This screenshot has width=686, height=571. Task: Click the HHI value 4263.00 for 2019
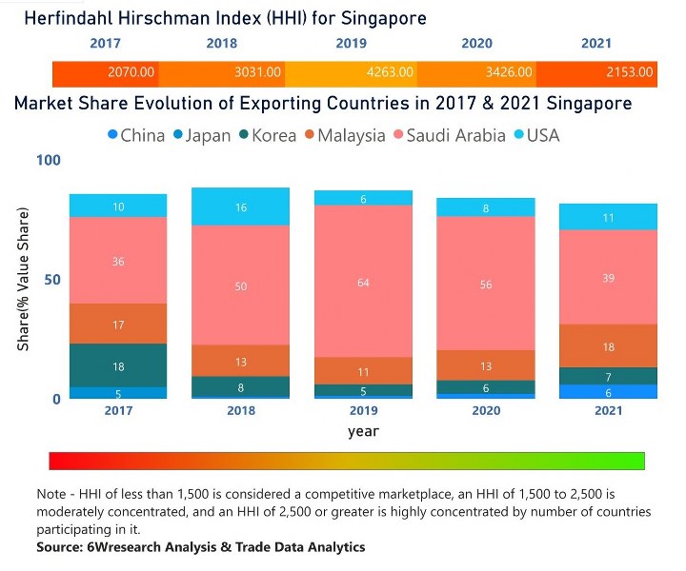pos(392,72)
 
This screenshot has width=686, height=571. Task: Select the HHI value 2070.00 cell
pos(131,72)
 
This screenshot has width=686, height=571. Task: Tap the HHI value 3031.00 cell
pos(259,72)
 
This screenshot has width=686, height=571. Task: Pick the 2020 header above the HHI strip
pos(476,44)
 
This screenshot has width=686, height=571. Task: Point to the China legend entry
pos(135,136)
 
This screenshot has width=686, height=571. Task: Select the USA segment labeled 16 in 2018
pos(242,207)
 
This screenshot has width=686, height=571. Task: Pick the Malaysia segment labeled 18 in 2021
pos(608,346)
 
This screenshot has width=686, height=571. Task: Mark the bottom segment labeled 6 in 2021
pos(608,392)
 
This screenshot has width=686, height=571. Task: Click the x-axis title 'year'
pos(363,431)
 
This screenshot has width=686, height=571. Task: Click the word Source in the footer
pos(60,547)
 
